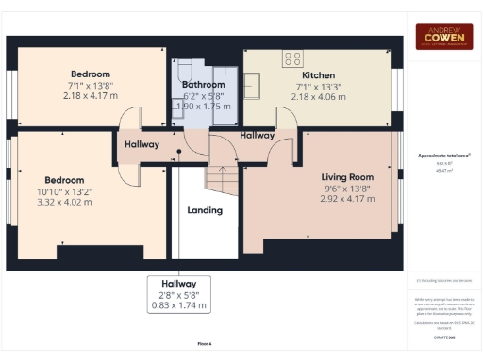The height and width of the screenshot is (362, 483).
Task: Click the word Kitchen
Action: pyautogui.click(x=318, y=74)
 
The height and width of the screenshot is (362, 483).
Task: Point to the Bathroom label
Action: pyautogui.click(x=203, y=85)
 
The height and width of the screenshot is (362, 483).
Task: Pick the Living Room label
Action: pyautogui.click(x=347, y=177)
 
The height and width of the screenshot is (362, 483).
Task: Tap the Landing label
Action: pyautogui.click(x=205, y=210)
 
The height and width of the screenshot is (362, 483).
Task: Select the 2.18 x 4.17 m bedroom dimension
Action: pyautogui.click(x=91, y=95)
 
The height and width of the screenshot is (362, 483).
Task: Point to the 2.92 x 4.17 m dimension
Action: pyautogui.click(x=347, y=198)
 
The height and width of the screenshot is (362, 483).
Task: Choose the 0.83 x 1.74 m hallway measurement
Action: pyautogui.click(x=177, y=305)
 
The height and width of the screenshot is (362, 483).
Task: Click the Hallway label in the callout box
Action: pyautogui.click(x=177, y=284)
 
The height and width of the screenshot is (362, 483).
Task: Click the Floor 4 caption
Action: pyautogui.click(x=205, y=345)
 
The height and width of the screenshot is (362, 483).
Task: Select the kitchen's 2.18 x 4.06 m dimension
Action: pyautogui.click(x=317, y=96)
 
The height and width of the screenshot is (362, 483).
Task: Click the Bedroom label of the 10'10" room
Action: pyautogui.click(x=64, y=180)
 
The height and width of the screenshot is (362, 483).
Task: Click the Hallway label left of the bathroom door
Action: pyautogui.click(x=142, y=144)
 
